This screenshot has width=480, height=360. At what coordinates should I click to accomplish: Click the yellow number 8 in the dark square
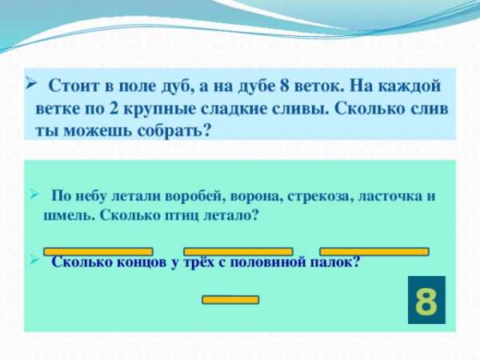click(x=426, y=301)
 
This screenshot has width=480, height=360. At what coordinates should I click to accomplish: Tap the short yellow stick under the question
click(x=230, y=300)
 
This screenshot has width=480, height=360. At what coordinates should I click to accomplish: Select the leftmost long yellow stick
click(x=98, y=252)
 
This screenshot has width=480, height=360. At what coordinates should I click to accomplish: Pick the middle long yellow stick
click(x=238, y=252)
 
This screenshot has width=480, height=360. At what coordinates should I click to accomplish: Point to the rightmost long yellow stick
click(x=374, y=252)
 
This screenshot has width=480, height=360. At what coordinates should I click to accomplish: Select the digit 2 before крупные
click(x=114, y=109)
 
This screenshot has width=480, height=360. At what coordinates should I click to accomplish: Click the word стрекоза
click(x=318, y=197)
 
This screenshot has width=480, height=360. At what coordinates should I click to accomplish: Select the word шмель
click(x=66, y=215)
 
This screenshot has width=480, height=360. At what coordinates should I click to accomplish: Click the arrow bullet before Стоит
click(x=31, y=83)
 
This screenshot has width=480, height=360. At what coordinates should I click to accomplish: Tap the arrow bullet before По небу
click(x=34, y=194)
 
